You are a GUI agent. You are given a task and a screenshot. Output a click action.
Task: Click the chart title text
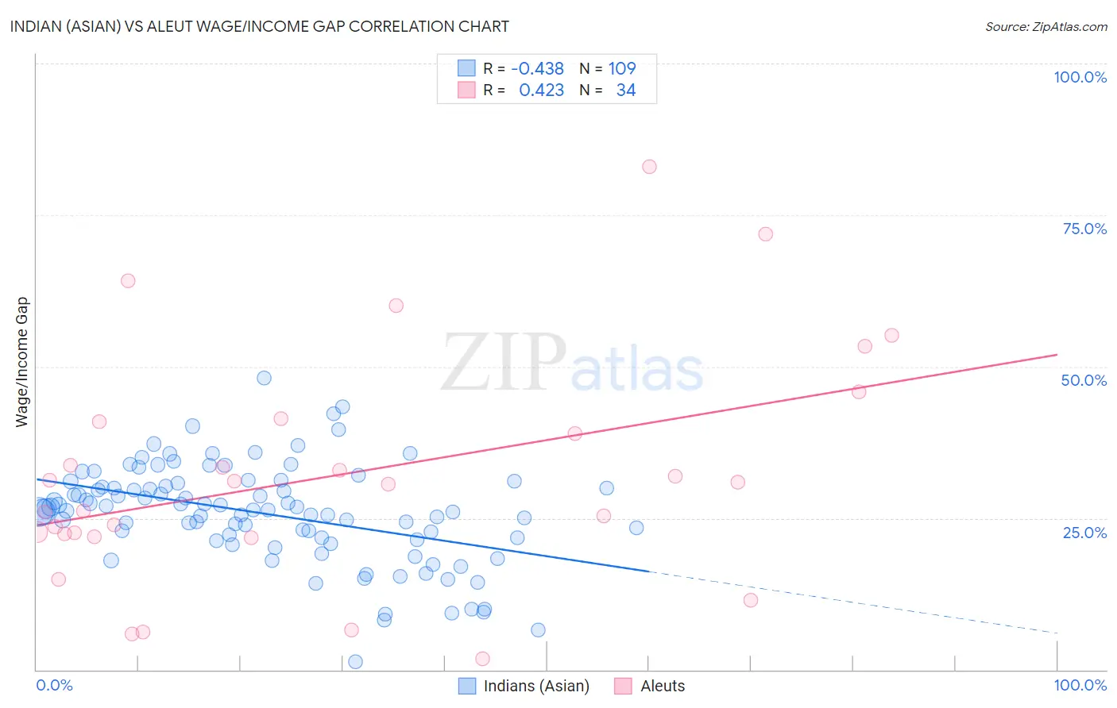[260, 26]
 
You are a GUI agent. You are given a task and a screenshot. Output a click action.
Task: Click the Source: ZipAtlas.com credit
[1045, 26]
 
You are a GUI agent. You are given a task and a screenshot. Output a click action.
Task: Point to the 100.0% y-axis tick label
[1080, 77]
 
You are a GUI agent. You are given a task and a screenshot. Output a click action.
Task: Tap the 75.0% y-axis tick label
[1084, 229]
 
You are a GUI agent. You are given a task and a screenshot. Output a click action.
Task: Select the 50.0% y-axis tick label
[1084, 380]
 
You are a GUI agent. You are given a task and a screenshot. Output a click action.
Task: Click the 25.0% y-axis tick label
[1084, 532]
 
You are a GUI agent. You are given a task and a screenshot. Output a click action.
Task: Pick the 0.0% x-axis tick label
[54, 685]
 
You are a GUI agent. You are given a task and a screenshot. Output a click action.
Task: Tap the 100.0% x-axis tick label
[1080, 685]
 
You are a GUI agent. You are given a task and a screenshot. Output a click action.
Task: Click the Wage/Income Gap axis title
[21, 362]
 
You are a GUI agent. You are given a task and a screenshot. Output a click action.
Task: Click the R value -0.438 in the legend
[537, 68]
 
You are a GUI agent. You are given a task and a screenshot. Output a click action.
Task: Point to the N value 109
[622, 68]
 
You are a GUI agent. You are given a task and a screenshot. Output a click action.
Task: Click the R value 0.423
[541, 90]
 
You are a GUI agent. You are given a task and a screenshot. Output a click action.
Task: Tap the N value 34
[626, 90]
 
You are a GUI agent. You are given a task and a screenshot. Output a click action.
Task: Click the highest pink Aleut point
[649, 167]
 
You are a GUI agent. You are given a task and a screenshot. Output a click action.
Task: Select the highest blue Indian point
[264, 378]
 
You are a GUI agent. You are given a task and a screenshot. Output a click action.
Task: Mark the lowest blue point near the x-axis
[355, 662]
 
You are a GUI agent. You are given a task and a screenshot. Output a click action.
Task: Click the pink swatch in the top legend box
[466, 90]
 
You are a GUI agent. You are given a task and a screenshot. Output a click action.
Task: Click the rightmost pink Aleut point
[891, 336]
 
